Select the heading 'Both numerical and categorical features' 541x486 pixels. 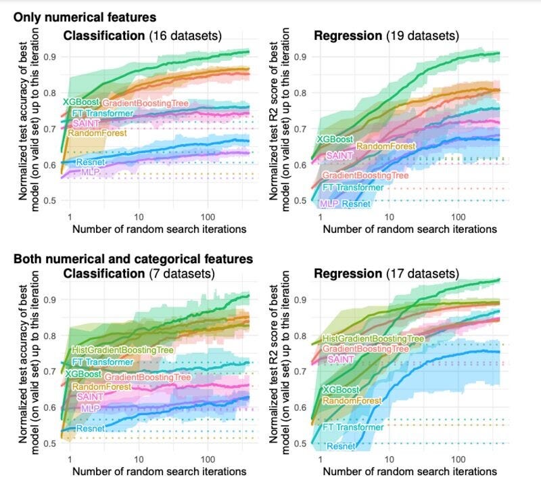click(x=133, y=259)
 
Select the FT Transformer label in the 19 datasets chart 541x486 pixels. click(x=353, y=187)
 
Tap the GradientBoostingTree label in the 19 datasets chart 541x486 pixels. click(x=365, y=175)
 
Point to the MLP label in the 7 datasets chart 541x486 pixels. click(x=90, y=409)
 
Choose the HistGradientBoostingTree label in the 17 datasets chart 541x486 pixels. click(x=373, y=338)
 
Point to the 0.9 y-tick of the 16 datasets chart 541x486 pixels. click(x=51, y=57)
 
